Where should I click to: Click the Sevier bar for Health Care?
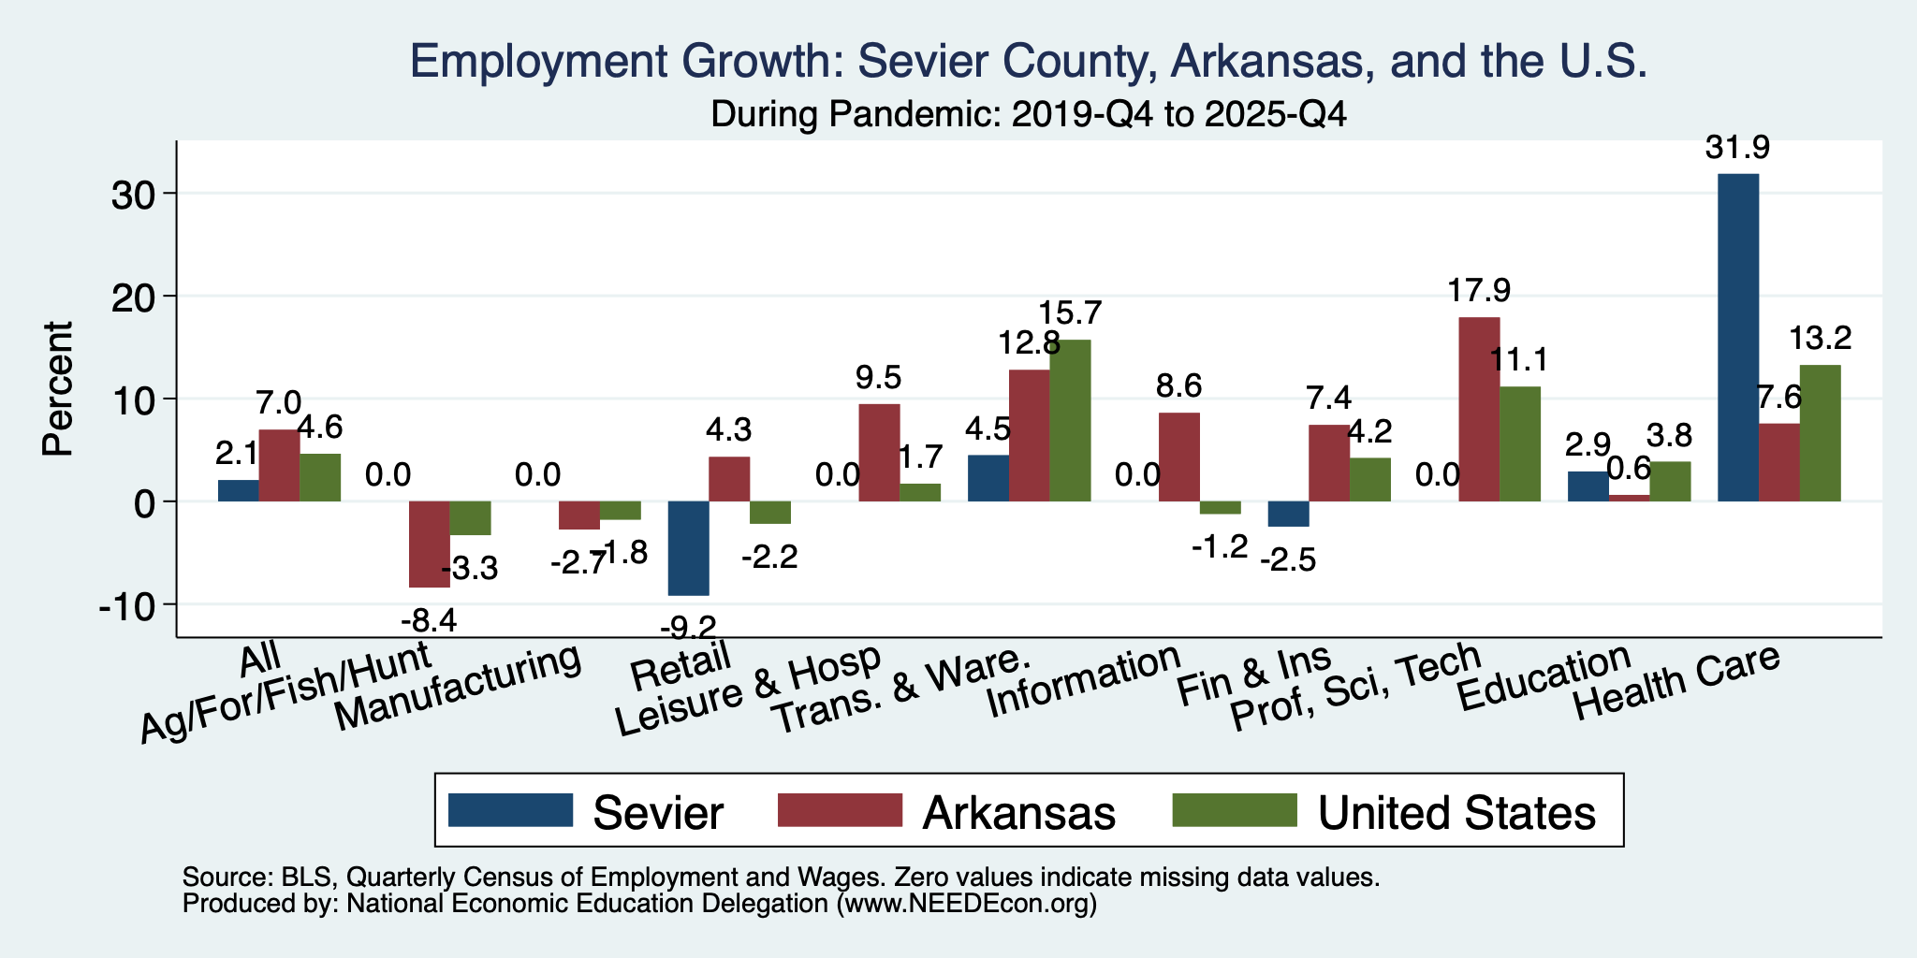pos(1738,338)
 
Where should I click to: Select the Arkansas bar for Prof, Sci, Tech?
pos(1479,410)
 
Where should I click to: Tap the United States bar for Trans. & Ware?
pos(1070,421)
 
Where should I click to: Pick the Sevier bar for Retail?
pos(688,548)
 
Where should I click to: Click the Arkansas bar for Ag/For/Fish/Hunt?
pos(430,544)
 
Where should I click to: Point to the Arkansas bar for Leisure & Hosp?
pos(879,453)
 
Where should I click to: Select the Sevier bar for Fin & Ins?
pos(1288,514)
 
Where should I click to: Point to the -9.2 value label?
pos(688,626)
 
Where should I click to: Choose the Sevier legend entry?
pos(586,812)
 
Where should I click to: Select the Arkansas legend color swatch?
pos(840,810)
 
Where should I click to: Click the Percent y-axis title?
pos(58,389)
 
